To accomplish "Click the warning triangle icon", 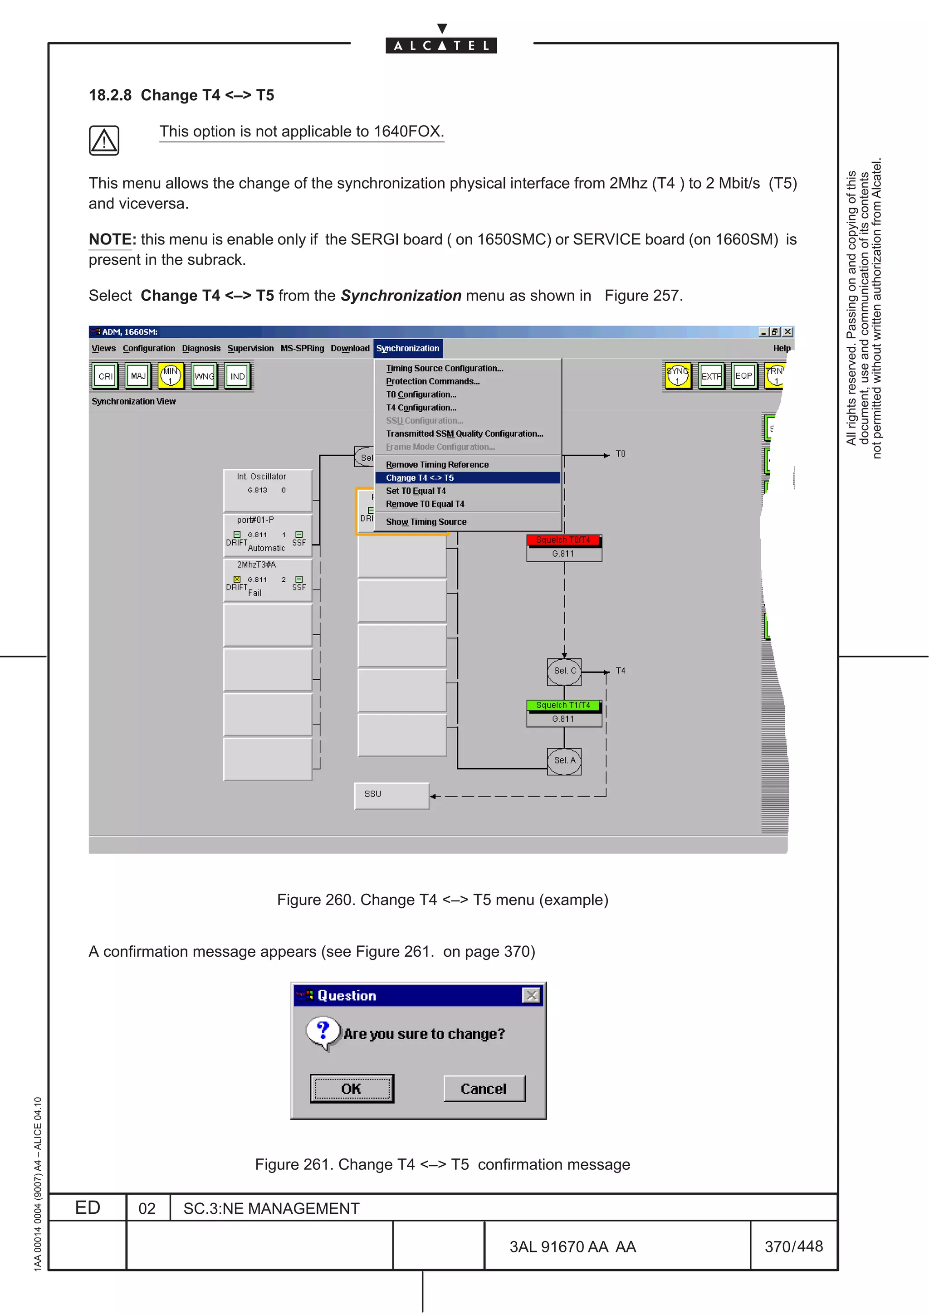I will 103,141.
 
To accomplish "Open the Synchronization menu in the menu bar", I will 407,349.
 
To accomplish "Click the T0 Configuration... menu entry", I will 421,395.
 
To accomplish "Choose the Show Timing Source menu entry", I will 426,522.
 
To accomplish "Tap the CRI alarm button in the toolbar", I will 105,376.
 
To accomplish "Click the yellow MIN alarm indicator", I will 171,376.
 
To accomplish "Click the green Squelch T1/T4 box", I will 563,706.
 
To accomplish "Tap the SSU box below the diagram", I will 391,795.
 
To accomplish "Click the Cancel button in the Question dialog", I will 484,1089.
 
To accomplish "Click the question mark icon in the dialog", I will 323,1032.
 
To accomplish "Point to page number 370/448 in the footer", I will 793,1246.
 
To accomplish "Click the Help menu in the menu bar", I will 781,349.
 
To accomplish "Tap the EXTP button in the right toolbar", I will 711,376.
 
